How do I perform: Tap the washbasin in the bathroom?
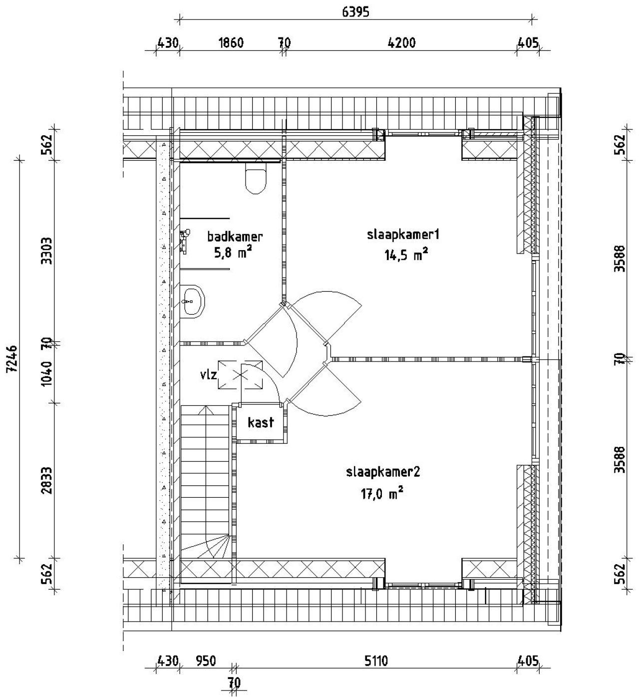[x=192, y=301]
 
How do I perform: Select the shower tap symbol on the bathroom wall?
[x=185, y=240]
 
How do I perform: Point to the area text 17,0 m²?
[x=382, y=494]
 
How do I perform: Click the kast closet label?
[x=261, y=422]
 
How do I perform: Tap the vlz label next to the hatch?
[x=209, y=374]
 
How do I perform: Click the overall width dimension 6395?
[x=355, y=12]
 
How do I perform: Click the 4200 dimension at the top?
[x=401, y=43]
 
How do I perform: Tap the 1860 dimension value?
[x=231, y=43]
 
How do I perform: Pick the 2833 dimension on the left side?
[x=46, y=480]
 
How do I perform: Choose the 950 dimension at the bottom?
[x=205, y=661]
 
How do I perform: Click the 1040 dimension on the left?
[x=46, y=373]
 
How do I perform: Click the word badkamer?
[x=235, y=236]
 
